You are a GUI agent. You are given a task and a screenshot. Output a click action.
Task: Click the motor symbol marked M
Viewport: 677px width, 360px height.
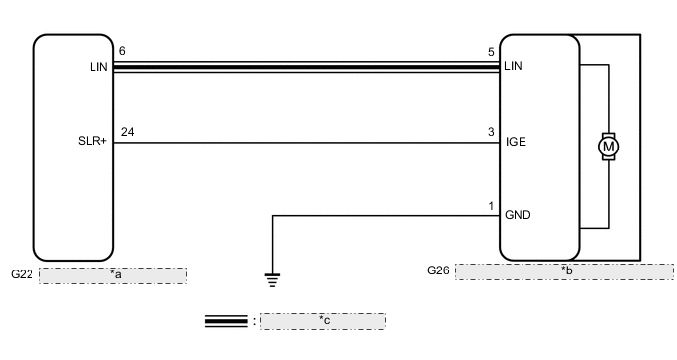609,147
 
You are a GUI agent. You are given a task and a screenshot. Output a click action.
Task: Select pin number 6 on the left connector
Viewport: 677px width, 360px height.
122,51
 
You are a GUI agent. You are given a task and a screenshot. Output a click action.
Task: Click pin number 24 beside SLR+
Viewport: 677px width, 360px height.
125,131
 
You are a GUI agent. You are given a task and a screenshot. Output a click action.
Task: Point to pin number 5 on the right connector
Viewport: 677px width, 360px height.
492,51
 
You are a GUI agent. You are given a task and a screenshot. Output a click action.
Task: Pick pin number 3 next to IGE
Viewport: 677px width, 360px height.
491,131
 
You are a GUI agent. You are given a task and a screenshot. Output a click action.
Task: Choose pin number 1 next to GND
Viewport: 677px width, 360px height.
491,206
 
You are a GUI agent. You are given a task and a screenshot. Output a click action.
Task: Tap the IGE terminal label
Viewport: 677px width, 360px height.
516,142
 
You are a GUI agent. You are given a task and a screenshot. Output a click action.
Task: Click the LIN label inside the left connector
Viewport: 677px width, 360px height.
96,68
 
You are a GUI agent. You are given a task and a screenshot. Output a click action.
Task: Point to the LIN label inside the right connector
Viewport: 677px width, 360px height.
513,68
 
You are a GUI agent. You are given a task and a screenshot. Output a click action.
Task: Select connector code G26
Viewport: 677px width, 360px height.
439,269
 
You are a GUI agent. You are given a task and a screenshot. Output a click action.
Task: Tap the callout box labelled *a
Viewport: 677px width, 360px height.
113,275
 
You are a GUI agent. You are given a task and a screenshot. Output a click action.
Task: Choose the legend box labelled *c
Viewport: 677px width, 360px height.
322,320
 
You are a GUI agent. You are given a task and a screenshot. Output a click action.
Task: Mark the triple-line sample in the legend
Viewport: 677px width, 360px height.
225,320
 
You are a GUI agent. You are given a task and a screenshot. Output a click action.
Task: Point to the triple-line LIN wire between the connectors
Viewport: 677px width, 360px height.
306,68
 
